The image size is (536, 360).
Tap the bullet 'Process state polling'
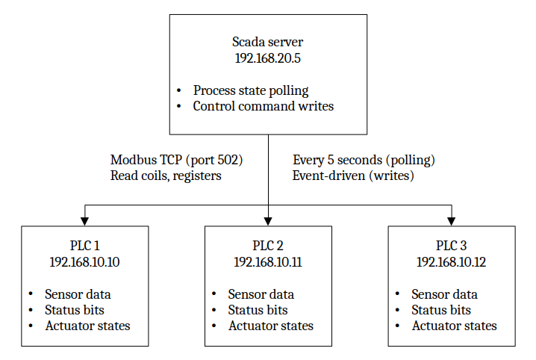pyautogui.click(x=250, y=90)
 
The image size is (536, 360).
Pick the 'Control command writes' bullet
pyautogui.click(x=263, y=106)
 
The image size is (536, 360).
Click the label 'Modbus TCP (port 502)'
pyautogui.click(x=177, y=160)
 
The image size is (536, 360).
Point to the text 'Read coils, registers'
pyautogui.click(x=166, y=176)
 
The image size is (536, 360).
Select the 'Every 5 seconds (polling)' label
pyautogui.click(x=364, y=160)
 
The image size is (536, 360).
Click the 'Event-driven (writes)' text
pyautogui.click(x=353, y=176)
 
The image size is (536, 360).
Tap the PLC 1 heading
pyautogui.click(x=84, y=246)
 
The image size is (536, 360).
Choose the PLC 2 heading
pyautogui.click(x=268, y=246)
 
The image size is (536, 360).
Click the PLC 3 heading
pyautogui.click(x=452, y=246)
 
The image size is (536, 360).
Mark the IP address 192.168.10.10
pyautogui.click(x=84, y=261)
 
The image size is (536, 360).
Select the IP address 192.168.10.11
pyautogui.click(x=268, y=261)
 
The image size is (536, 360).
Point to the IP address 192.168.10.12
pyautogui.click(x=452, y=261)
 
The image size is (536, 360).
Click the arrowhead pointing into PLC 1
pyautogui.click(x=84, y=220)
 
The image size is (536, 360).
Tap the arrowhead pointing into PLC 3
pyautogui.click(x=452, y=220)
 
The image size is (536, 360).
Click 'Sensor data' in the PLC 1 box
pyautogui.click(x=78, y=294)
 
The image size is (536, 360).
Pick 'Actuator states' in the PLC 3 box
pyautogui.click(x=454, y=326)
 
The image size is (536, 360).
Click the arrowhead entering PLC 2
pyautogui.click(x=268, y=220)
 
